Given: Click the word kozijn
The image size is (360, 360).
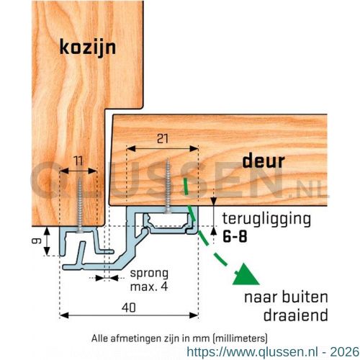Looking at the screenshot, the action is pyautogui.click(x=88, y=48).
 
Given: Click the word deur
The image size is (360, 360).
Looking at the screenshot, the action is pyautogui.click(x=264, y=161).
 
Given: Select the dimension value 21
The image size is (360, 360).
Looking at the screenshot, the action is pyautogui.click(x=163, y=139).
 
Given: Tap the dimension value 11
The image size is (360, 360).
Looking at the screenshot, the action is pyautogui.click(x=78, y=161).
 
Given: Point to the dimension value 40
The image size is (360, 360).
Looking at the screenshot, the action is pyautogui.click(x=129, y=307).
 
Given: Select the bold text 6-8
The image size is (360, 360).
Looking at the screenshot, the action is pyautogui.click(x=235, y=237).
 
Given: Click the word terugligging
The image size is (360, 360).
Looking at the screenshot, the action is pyautogui.click(x=266, y=219).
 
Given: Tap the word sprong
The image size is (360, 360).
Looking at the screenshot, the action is pyautogui.click(x=149, y=274).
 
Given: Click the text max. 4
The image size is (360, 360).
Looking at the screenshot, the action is pyautogui.click(x=149, y=287).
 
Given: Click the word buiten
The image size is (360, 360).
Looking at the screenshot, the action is pyautogui.click(x=305, y=297).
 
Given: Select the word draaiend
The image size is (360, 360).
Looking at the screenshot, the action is pyautogui.click(x=296, y=315).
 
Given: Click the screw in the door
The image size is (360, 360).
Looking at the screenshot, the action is pyautogui.click(x=168, y=186).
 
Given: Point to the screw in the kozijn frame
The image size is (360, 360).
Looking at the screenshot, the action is pyautogui.click(x=79, y=206).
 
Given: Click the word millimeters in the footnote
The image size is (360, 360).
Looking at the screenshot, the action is pyautogui.click(x=240, y=338).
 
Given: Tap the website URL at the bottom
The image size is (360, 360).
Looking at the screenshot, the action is pyautogui.click(x=253, y=352).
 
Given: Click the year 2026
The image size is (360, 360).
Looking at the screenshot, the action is pyautogui.click(x=345, y=352).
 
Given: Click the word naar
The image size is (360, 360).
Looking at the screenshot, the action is pyautogui.click(x=261, y=297).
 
